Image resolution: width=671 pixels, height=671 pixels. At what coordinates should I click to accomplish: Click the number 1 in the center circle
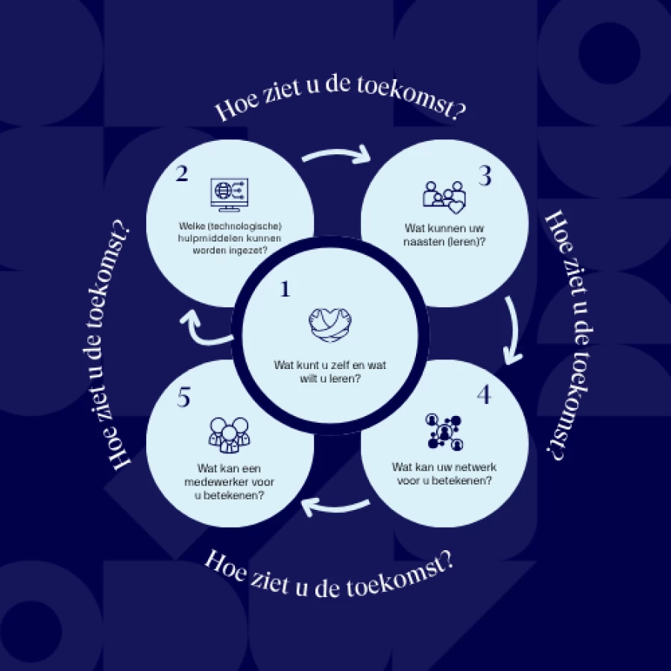point(284,289)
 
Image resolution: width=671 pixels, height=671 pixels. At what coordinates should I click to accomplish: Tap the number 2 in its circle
point(182,174)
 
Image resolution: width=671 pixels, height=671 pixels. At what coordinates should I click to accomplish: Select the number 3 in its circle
point(485,177)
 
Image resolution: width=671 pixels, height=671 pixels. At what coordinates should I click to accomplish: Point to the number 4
point(484,394)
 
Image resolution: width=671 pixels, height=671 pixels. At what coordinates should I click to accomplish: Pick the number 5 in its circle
point(184,398)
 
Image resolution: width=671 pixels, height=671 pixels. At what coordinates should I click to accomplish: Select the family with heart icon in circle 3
point(444,196)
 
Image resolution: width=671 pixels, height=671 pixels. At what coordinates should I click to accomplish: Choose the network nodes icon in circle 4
point(444,432)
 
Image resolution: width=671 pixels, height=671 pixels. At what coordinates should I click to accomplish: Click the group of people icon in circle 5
point(229,433)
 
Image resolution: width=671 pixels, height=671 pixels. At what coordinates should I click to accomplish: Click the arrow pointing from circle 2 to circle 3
point(337,154)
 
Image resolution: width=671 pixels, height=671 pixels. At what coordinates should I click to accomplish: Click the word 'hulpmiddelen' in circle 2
point(206,239)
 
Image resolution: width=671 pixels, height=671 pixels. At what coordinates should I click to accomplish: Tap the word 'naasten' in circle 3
point(422,239)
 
